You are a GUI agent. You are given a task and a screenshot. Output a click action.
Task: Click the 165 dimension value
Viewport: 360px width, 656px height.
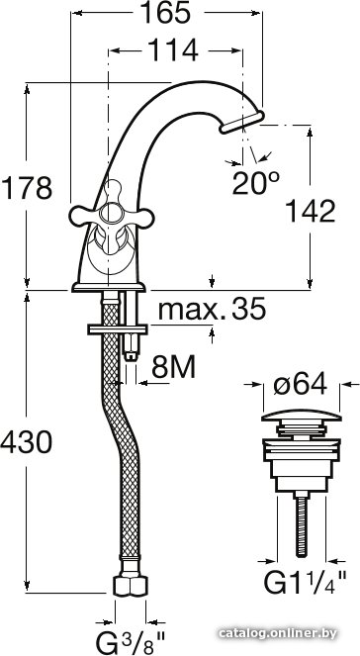(x=165, y=14)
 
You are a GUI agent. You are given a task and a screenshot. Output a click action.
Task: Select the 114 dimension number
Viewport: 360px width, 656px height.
(x=173, y=50)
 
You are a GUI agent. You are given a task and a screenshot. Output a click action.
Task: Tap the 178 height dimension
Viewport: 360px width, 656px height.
(x=27, y=188)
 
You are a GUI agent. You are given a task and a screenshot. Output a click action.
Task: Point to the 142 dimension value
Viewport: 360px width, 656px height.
(x=311, y=212)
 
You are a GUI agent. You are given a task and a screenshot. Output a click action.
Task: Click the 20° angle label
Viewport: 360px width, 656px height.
(x=255, y=183)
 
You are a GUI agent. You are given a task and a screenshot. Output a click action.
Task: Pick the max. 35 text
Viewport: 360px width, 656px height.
(x=212, y=309)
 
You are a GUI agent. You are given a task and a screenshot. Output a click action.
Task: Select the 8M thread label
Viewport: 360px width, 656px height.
(x=173, y=368)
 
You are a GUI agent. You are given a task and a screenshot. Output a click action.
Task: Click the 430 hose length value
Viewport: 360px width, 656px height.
(x=27, y=442)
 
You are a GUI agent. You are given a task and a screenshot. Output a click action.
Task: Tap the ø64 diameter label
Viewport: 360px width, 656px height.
(x=300, y=385)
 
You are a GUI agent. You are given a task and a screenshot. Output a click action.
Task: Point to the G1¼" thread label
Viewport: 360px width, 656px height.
(x=305, y=582)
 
